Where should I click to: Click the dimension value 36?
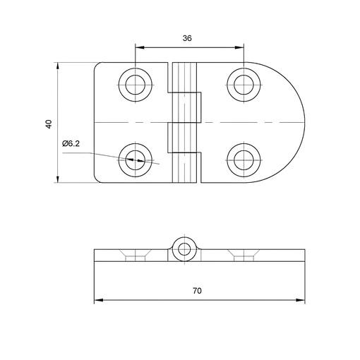pyautogui.click(x=187, y=38)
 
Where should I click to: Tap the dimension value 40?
pyautogui.click(x=49, y=124)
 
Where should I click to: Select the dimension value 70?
pyautogui.click(x=197, y=291)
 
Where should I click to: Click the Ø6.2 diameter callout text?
pyautogui.click(x=71, y=143)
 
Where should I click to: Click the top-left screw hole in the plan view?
pyautogui.click(x=136, y=85)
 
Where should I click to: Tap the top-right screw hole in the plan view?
pyautogui.click(x=244, y=85)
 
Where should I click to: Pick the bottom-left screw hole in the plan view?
pyautogui.click(x=136, y=160)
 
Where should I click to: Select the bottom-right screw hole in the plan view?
pyautogui.click(x=244, y=160)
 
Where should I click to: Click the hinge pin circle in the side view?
pyautogui.click(x=184, y=249)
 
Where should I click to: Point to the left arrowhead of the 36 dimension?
pyautogui.click(x=139, y=47)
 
